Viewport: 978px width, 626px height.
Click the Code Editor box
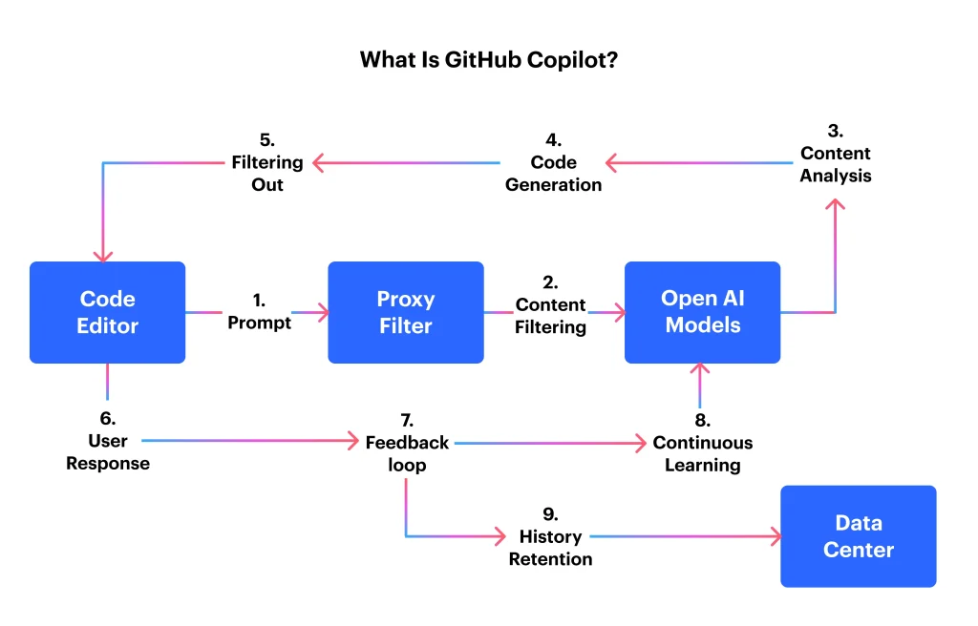click(107, 312)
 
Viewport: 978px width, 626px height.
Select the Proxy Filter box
click(405, 312)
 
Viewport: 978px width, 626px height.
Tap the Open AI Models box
click(702, 312)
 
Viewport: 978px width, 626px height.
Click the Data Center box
click(858, 536)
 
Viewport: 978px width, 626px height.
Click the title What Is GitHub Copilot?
click(488, 59)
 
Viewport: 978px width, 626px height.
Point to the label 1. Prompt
click(259, 312)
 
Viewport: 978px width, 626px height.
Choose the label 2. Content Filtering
click(550, 304)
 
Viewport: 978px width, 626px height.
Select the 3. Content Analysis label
click(835, 153)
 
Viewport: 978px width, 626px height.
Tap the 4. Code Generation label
click(553, 162)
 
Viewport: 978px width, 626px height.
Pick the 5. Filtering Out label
click(266, 162)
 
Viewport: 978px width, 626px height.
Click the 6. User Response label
click(107, 441)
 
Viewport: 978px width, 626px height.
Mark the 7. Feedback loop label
click(407, 443)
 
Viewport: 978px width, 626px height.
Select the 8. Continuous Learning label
click(702, 443)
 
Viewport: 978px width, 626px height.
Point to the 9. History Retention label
click(550, 536)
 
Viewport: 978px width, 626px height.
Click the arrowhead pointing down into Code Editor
click(103, 255)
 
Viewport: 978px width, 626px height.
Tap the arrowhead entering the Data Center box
click(774, 536)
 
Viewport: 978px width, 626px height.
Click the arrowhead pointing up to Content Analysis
click(835, 204)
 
